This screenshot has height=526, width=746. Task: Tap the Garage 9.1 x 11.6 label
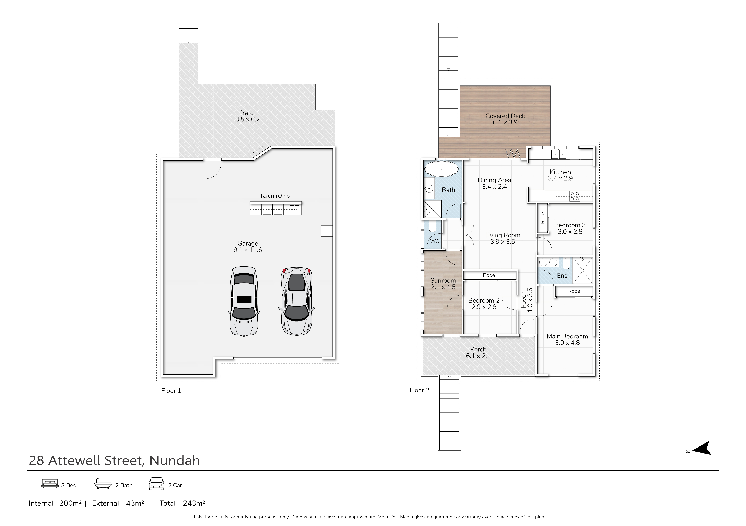pyautogui.click(x=248, y=247)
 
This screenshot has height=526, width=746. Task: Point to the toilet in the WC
pyautogui.click(x=432, y=226)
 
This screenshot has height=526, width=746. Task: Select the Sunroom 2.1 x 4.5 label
pyautogui.click(x=443, y=284)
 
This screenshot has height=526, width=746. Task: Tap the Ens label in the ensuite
pyautogui.click(x=562, y=276)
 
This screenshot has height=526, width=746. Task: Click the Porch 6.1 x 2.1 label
pyautogui.click(x=478, y=353)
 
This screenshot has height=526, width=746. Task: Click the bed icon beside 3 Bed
pyautogui.click(x=50, y=484)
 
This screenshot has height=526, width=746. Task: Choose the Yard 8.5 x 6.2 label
pyautogui.click(x=248, y=116)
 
